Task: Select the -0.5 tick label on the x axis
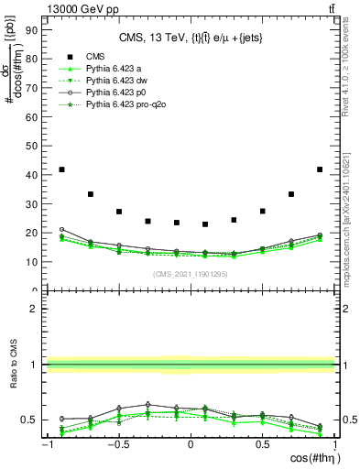[117, 444]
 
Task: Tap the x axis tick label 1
[334, 444]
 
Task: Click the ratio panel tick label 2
[33, 309]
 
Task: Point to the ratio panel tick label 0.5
[29, 420]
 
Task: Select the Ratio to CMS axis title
[11, 365]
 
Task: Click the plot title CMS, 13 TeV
[191, 38]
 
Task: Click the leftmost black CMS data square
[61, 169]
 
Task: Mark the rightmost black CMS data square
[320, 169]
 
